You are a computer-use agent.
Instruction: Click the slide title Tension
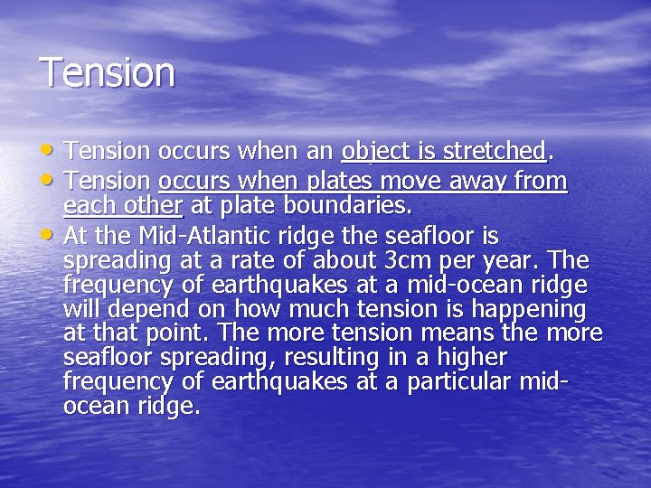point(108,72)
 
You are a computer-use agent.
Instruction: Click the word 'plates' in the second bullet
point(340,183)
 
